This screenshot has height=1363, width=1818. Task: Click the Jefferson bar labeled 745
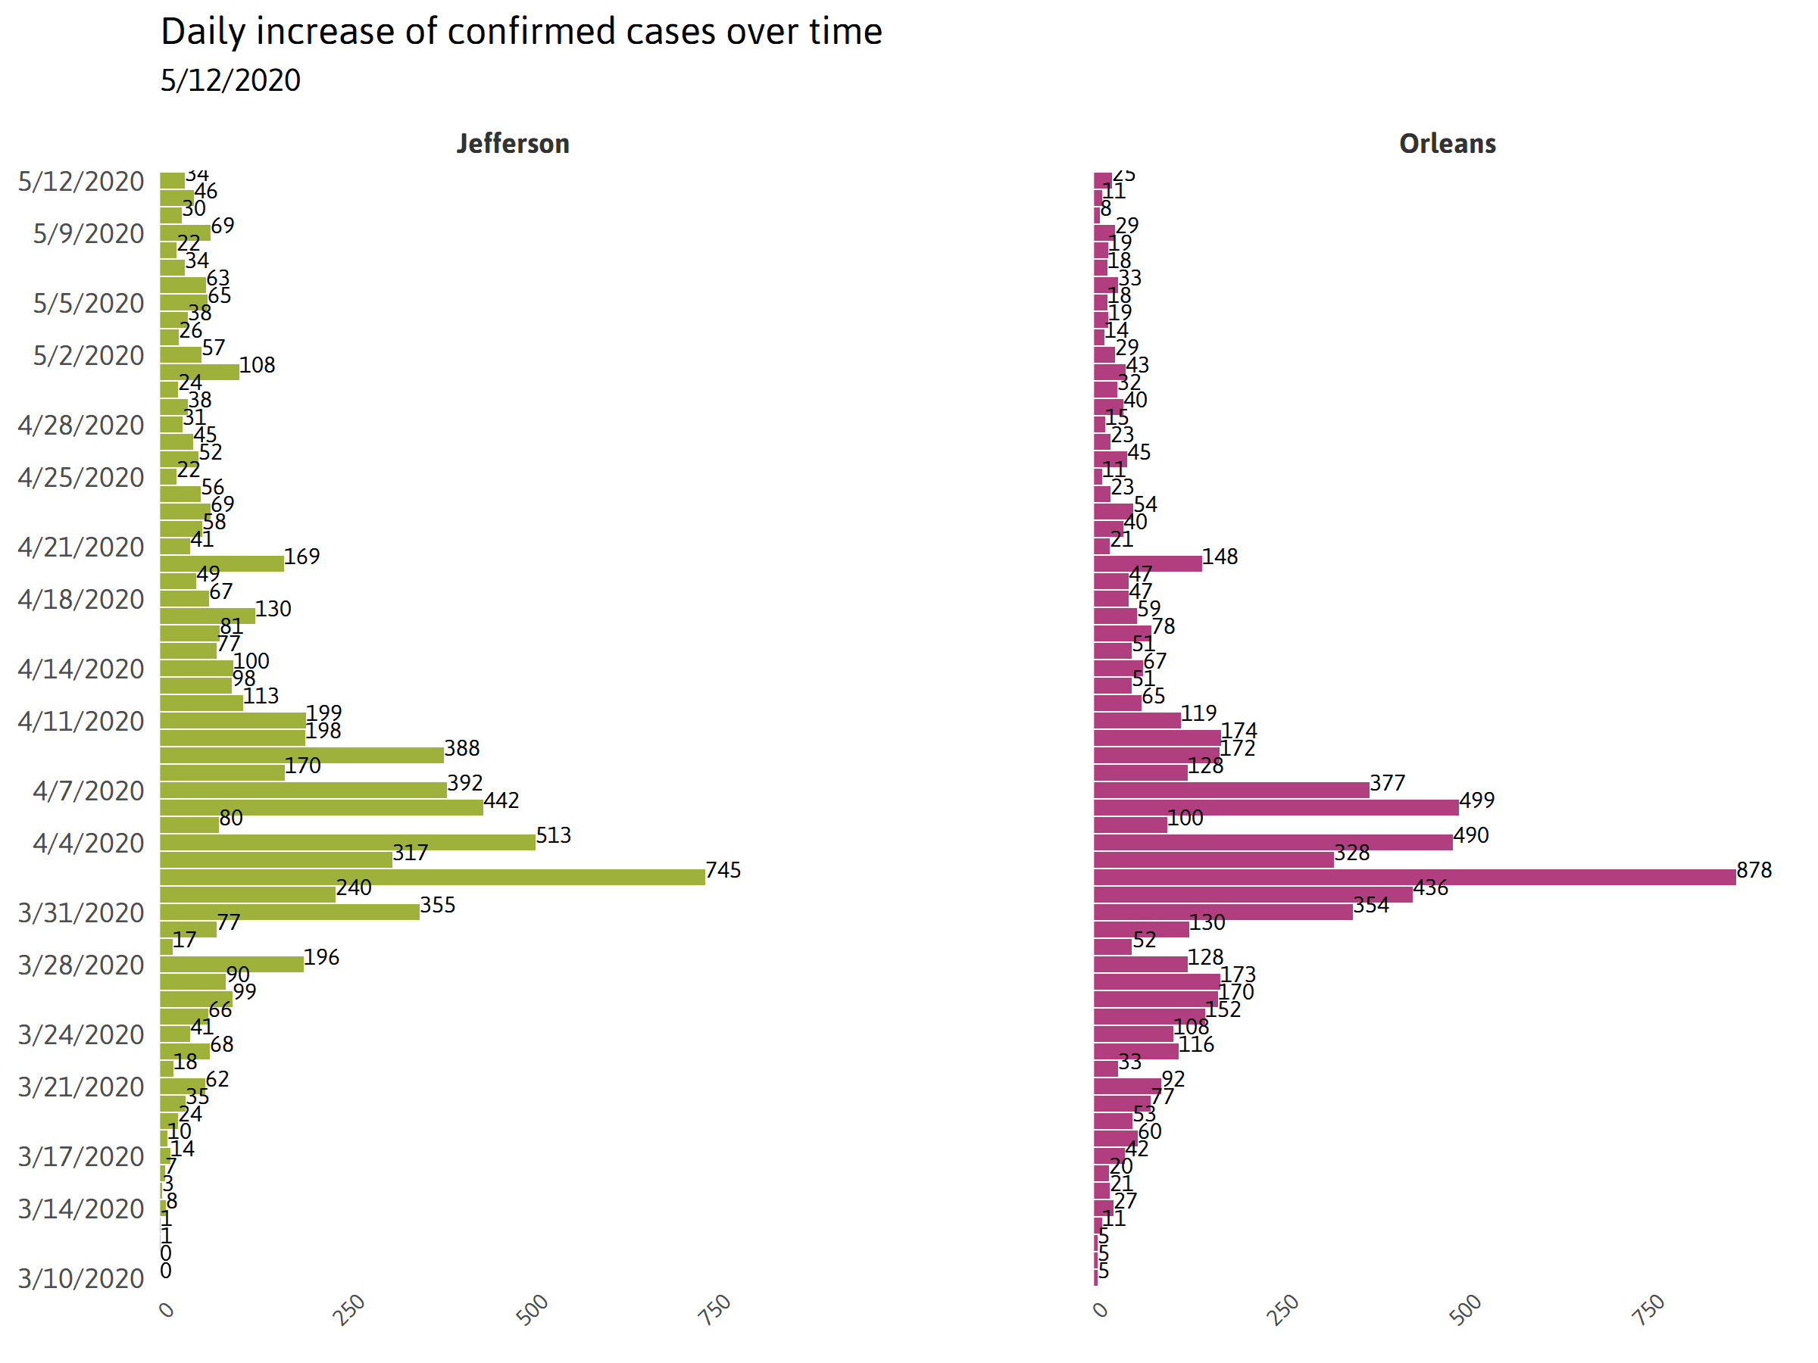pos(433,877)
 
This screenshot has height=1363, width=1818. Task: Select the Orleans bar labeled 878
pos(1413,877)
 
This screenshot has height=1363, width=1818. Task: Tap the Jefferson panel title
pos(513,144)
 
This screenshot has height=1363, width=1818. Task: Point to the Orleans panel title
pos(1447,144)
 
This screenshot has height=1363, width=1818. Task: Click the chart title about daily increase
pos(521,32)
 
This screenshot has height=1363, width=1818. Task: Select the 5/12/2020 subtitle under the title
pos(230,80)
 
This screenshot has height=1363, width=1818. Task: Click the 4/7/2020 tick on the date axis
pos(88,791)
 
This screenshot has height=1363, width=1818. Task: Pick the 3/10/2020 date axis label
pos(80,1278)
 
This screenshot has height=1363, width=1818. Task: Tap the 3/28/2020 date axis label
pos(80,965)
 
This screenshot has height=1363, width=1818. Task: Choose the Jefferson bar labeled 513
pos(348,842)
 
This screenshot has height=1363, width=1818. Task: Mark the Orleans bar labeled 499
pos(1276,806)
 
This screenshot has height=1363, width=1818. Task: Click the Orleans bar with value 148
pos(1148,563)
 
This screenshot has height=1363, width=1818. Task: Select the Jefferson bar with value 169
pos(222,563)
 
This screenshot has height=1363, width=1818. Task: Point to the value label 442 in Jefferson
pos(501,800)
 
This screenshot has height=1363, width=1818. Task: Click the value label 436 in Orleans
pos(1430,887)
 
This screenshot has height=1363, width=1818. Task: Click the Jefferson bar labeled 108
pos(200,371)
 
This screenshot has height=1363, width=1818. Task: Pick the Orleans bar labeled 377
pos(1231,790)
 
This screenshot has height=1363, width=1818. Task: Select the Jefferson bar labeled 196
pos(232,964)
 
